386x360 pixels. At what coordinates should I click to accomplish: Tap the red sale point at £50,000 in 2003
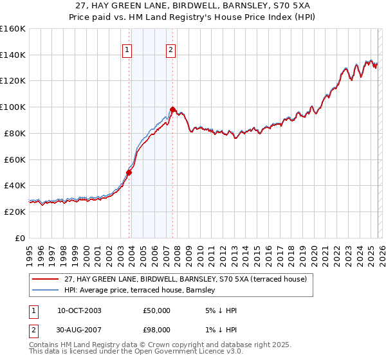129,172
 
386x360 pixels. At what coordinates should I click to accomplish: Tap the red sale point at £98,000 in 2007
173,109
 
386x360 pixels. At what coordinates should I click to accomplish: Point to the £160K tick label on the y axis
13,29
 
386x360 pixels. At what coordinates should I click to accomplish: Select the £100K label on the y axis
13,107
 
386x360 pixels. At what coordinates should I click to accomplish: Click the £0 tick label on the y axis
19,238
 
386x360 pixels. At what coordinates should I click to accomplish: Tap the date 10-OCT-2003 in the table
79,310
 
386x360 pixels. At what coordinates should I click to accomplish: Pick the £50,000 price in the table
157,310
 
